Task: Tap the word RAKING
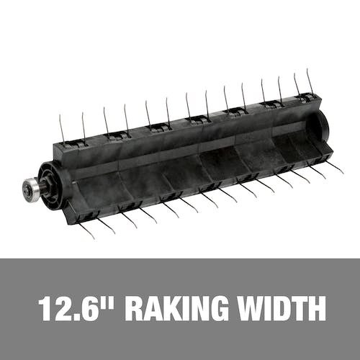tap(177, 309)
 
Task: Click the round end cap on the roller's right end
tap(322, 125)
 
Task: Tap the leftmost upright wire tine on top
tap(62, 129)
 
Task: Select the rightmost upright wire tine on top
tap(310, 82)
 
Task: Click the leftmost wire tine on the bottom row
tap(86, 230)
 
